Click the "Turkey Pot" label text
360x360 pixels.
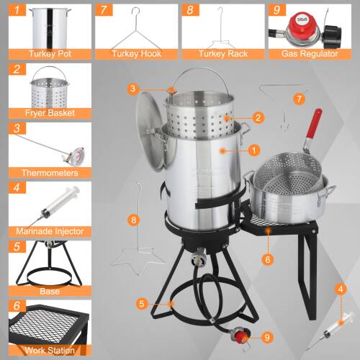pyautogui.click(x=50, y=54)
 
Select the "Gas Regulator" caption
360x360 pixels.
pyautogui.click(x=312, y=54)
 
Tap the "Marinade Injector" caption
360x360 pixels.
pyautogui.click(x=50, y=231)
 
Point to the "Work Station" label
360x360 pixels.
pyautogui.click(x=50, y=350)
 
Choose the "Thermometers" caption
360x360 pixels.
pyautogui.click(x=50, y=172)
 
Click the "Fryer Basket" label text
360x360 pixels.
pyautogui.click(x=50, y=113)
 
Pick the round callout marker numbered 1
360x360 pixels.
pyautogui.click(x=253, y=150)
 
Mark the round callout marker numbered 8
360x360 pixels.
pyautogui.click(x=132, y=219)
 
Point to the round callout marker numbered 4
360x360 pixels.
pyautogui.click(x=340, y=289)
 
